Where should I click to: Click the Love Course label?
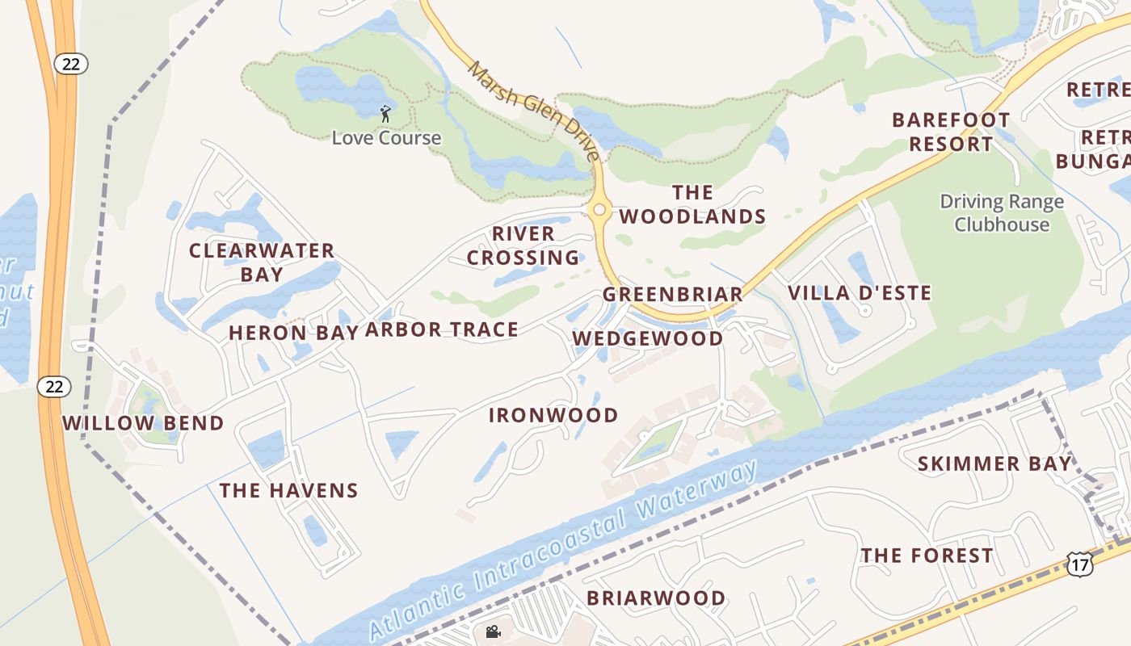coord(386,138)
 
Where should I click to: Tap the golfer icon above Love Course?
coord(385,113)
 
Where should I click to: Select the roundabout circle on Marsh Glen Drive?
coord(599,210)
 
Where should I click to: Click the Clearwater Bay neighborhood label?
coord(262,262)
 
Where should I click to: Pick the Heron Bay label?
coord(293,333)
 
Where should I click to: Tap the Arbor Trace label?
coord(442,329)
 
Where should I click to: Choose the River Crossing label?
coord(523,245)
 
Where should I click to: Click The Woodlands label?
coord(692,204)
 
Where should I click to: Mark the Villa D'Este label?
coord(860,293)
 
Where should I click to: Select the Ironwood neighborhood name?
coord(553,416)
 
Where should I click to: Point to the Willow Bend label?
coord(143,423)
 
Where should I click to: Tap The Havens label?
coord(288,490)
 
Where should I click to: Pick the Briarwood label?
coord(656,598)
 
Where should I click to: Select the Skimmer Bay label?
coord(994,464)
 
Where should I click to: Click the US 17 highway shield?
coord(1079,564)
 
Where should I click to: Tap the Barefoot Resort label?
coord(951,132)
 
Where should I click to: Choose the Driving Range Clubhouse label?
coord(1002,213)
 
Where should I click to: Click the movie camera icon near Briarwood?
coord(493,631)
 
